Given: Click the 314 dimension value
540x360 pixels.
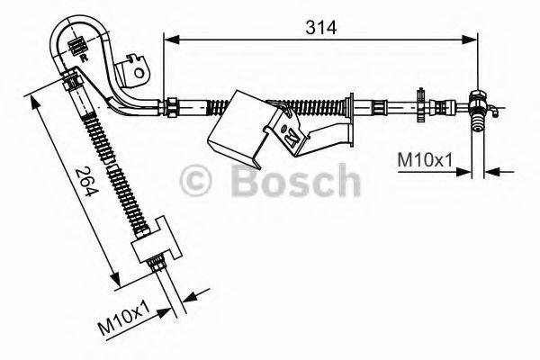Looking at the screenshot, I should point(319,27).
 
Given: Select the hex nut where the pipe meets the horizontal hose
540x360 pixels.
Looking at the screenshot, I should point(167,105).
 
